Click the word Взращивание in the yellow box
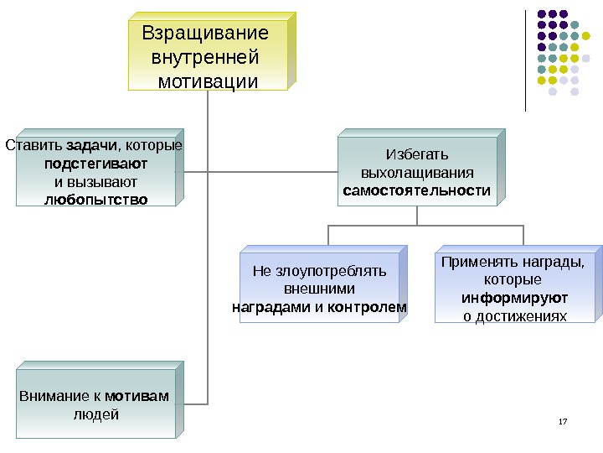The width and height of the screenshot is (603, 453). coord(205,34)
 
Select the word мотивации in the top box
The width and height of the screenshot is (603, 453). coord(209,82)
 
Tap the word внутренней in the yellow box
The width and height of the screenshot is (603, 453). coord(204,59)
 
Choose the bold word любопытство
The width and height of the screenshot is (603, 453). coord(95,200)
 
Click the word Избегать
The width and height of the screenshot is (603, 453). coord(416,155)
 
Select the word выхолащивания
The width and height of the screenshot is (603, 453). coord(416,173)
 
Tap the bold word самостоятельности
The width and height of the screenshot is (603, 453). coord(416,190)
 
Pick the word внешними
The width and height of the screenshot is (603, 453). coord(319,289)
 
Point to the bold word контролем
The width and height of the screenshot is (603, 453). coord(368,307)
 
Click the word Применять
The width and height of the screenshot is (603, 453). coord(474,262)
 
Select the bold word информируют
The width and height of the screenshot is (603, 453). coord(514,298)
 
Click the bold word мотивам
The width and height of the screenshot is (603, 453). coord(137,396)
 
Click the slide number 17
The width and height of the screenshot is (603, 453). coord(562,419)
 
